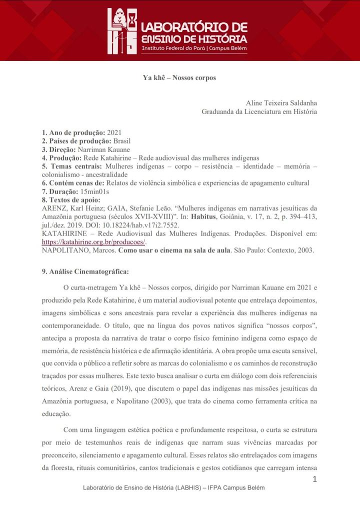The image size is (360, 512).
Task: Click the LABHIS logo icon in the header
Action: [x=121, y=31]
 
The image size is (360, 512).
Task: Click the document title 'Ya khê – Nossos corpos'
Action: [x=179, y=78]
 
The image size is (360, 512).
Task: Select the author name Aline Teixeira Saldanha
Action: [x=281, y=103]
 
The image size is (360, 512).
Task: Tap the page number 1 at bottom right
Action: [x=314, y=479]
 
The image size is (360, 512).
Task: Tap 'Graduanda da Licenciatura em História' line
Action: [x=259, y=111]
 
